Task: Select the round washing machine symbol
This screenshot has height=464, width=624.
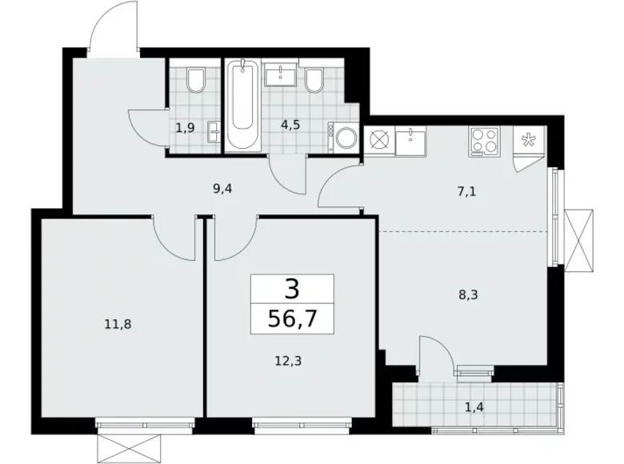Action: coord(347,138)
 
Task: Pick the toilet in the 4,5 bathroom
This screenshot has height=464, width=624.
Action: coord(314,80)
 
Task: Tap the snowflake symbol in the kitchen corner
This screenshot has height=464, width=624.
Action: coord(529,139)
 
